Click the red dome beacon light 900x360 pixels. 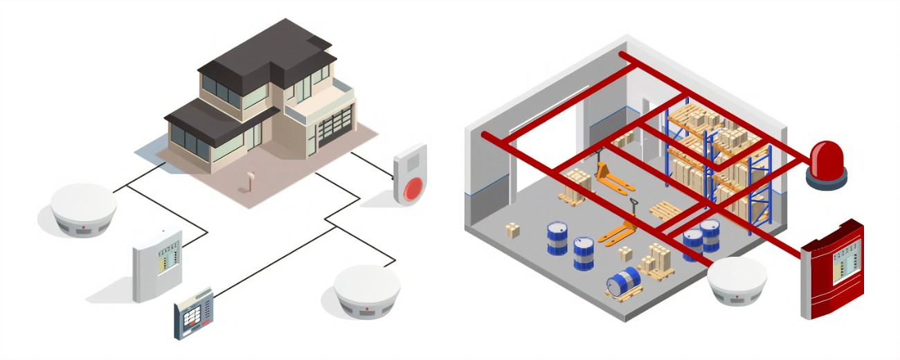click(826, 161)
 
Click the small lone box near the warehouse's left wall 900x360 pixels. click(512, 230)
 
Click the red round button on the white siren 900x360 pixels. click(413, 188)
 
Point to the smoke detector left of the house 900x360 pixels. click(84, 207)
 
